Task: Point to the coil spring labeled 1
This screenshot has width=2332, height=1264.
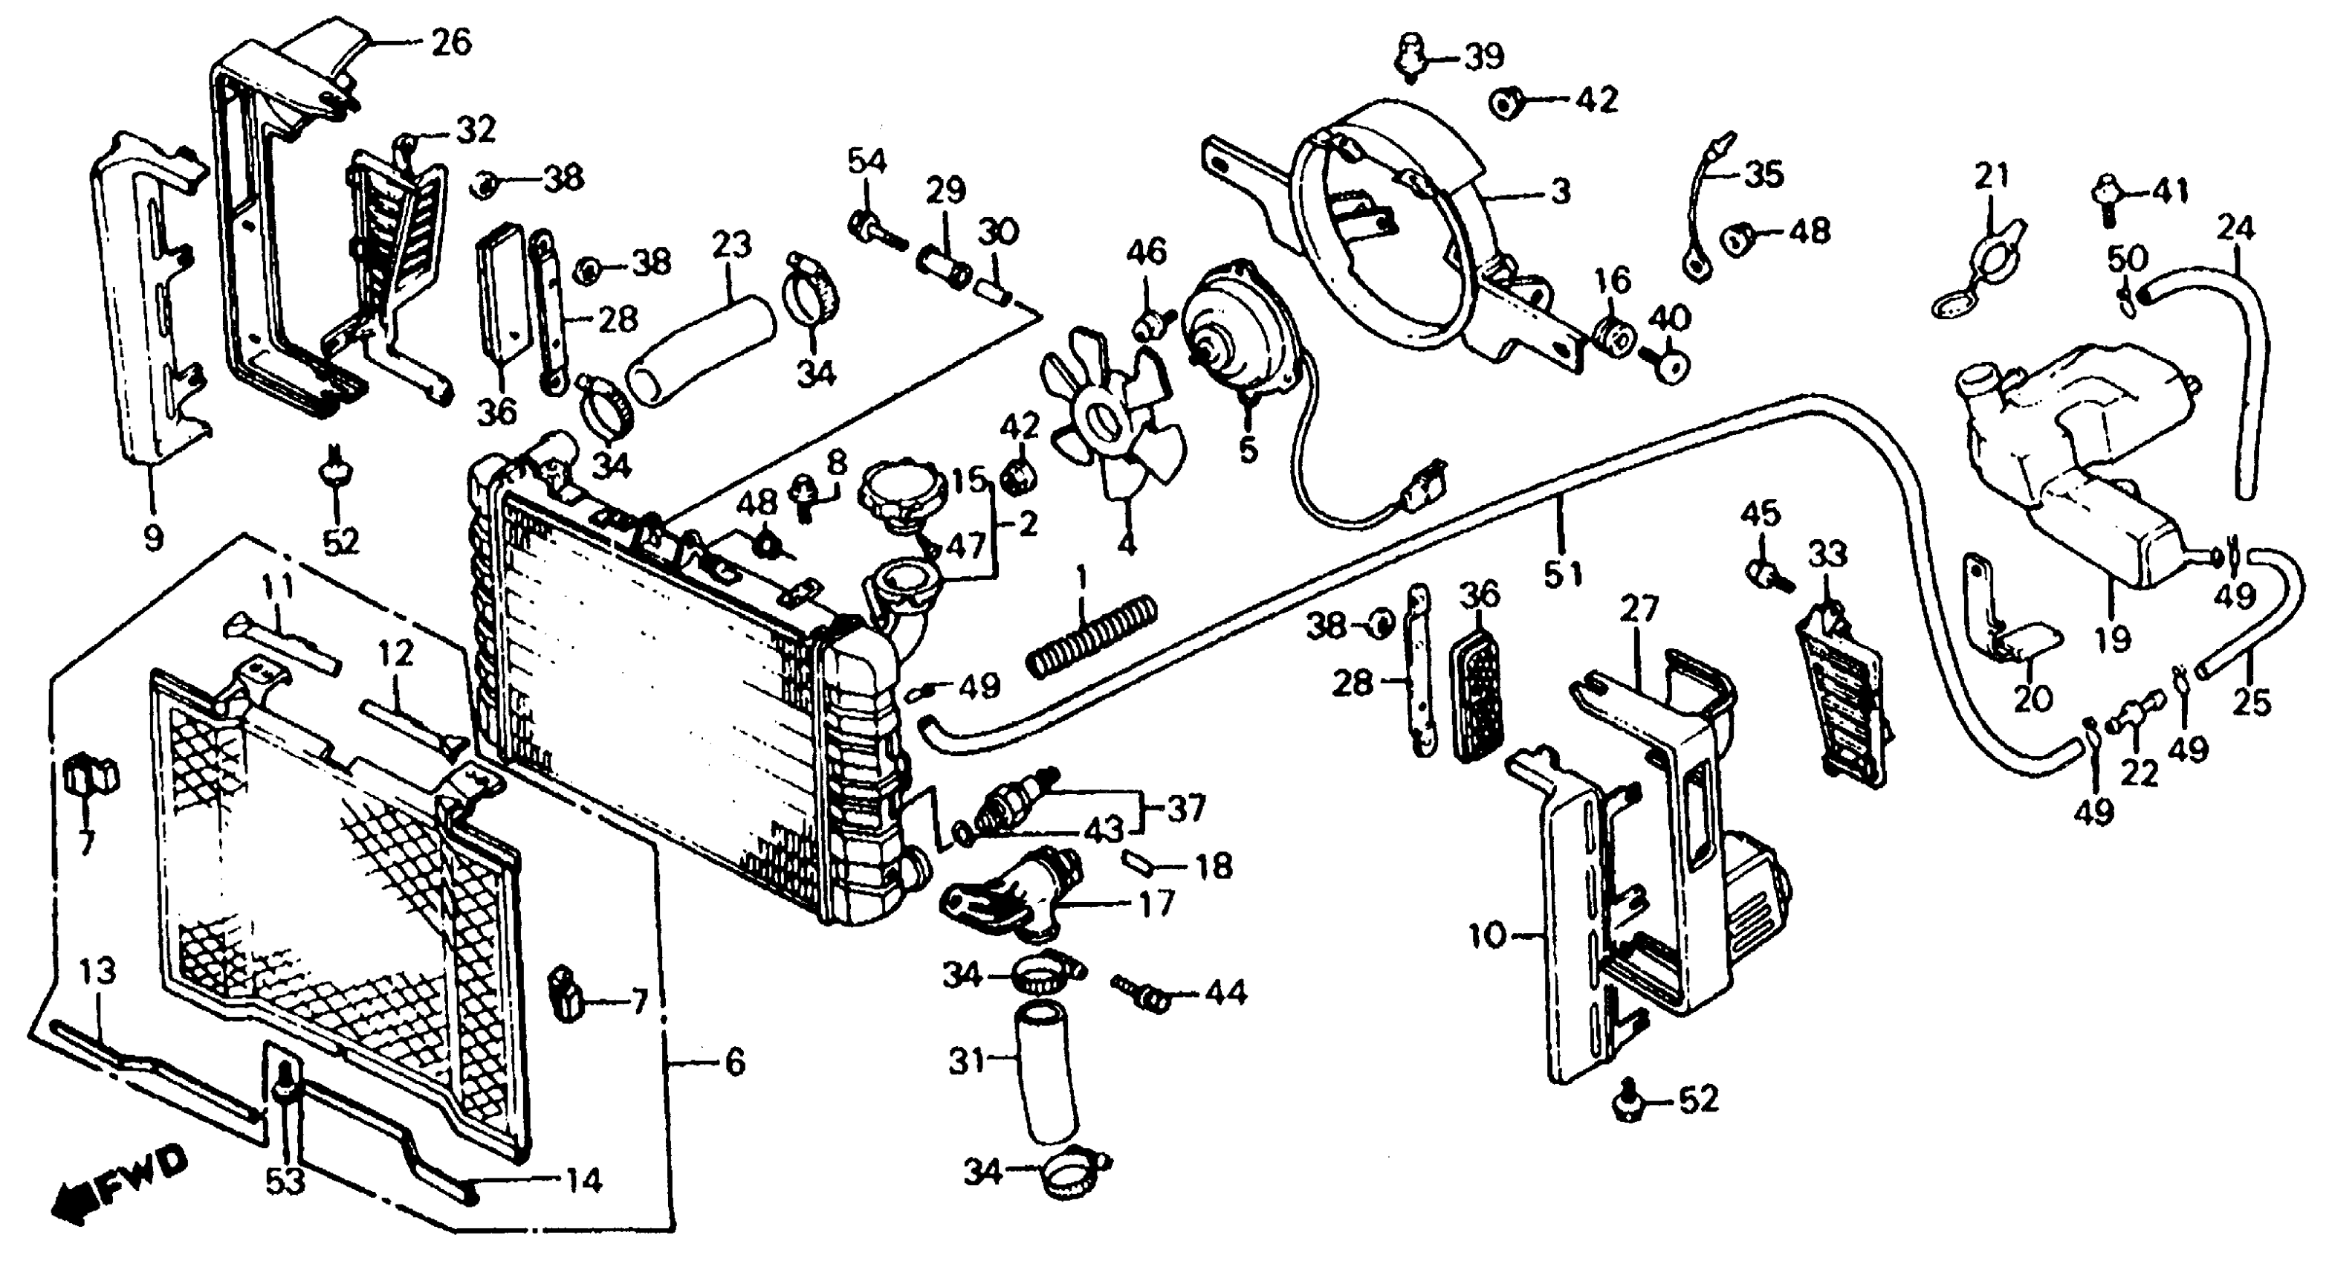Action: pos(1092,636)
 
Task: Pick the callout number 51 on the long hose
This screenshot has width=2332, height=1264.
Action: pos(1564,574)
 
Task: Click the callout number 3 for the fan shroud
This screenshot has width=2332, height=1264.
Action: pos(1560,191)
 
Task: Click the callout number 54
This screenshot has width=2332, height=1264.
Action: pos(867,162)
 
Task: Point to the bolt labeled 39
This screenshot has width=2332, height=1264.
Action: pos(1408,57)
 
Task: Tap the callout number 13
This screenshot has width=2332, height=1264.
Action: pos(98,973)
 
